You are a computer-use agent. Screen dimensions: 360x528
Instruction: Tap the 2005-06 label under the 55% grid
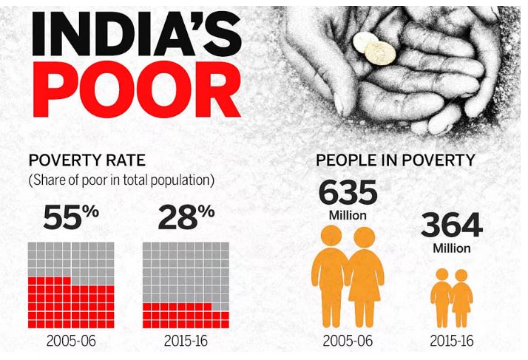[71, 342]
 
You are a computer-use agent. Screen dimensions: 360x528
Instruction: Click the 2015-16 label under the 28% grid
[186, 342]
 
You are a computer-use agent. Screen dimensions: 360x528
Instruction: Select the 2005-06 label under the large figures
[348, 342]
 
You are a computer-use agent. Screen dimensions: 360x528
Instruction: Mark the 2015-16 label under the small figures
[451, 342]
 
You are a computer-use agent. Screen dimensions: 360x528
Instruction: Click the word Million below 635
[348, 215]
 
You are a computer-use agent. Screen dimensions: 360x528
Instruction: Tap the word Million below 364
[451, 248]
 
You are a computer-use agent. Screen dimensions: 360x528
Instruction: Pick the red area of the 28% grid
[185, 316]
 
